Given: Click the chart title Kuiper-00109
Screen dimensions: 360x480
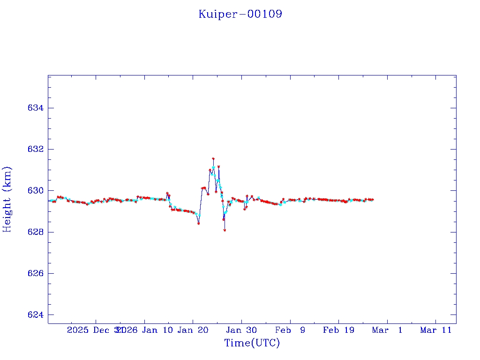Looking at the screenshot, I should pyautogui.click(x=240, y=14).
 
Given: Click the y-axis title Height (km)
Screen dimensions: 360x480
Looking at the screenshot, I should pyautogui.click(x=7, y=199).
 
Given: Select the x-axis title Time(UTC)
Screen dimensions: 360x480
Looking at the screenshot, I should pyautogui.click(x=252, y=343).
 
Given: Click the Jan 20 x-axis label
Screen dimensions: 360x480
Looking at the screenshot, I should pyautogui.click(x=193, y=330).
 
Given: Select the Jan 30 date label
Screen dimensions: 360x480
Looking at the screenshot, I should pyautogui.click(x=241, y=330).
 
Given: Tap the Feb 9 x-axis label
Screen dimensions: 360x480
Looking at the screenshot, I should pyautogui.click(x=290, y=330).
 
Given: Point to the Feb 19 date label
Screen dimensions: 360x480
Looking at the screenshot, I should pyautogui.click(x=338, y=330).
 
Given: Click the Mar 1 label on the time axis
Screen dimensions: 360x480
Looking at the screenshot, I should pyautogui.click(x=387, y=330).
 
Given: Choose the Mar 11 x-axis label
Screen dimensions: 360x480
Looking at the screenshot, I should pyautogui.click(x=435, y=330).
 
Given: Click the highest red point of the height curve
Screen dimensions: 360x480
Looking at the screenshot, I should pyautogui.click(x=213, y=159).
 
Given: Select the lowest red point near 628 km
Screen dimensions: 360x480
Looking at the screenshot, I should pyautogui.click(x=225, y=230).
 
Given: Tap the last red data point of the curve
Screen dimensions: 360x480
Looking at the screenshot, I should pyautogui.click(x=373, y=200).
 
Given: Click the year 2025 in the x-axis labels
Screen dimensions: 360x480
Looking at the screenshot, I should pyautogui.click(x=78, y=330).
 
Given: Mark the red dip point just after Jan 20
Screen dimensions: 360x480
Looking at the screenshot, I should pyautogui.click(x=199, y=224).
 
